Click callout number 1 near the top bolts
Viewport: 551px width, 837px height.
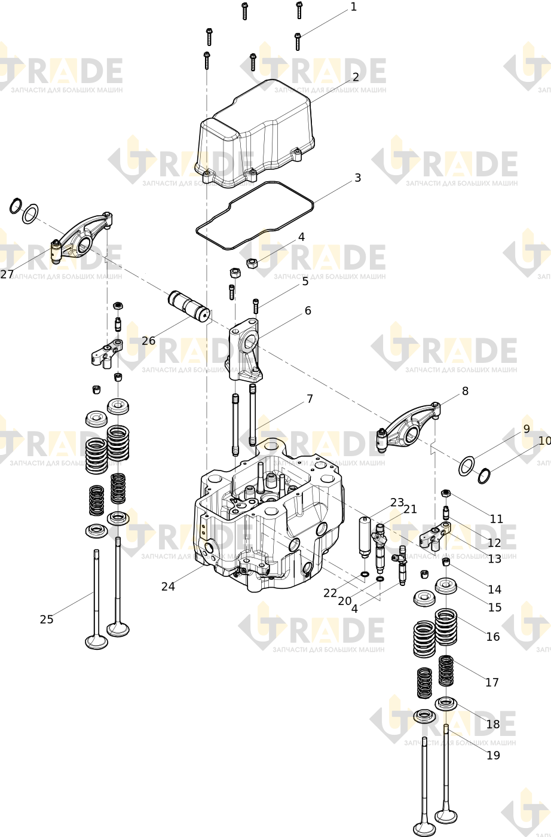[353, 7]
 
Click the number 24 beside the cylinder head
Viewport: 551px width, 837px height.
[168, 586]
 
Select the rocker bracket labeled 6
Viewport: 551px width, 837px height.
[244, 349]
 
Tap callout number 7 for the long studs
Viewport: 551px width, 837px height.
[310, 399]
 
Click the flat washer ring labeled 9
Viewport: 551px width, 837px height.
[467, 466]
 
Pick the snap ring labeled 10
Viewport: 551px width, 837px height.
[484, 476]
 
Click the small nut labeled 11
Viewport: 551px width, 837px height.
[445, 494]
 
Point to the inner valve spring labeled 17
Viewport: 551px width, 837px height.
[446, 671]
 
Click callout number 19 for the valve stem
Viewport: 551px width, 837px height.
[493, 754]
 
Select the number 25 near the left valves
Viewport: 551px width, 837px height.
[47, 619]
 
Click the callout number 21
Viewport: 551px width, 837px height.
[410, 509]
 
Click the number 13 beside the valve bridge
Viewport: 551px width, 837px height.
[494, 558]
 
